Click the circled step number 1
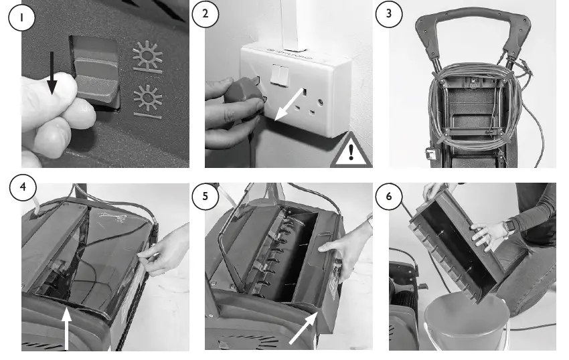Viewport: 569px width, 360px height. pyautogui.click(x=22, y=17)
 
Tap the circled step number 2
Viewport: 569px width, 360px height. pyautogui.click(x=206, y=14)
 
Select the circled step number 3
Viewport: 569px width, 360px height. pyautogui.click(x=389, y=14)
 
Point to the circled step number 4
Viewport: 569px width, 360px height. pyautogui.click(x=23, y=187)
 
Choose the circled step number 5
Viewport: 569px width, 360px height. pyautogui.click(x=206, y=196)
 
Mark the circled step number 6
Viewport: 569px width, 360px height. pyautogui.click(x=389, y=196)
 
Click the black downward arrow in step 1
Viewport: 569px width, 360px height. pyautogui.click(x=52, y=72)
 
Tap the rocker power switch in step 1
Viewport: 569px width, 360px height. pyautogui.click(x=96, y=72)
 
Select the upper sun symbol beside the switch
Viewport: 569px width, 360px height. pyautogui.click(x=147, y=57)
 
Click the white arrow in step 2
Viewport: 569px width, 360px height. pyautogui.click(x=289, y=104)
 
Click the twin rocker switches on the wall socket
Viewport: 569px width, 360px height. pyautogui.click(x=279, y=74)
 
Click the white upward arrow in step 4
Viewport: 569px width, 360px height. pyautogui.click(x=66, y=329)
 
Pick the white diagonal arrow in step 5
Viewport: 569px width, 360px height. pyautogui.click(x=303, y=329)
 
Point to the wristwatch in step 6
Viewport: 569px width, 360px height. pyautogui.click(x=510, y=226)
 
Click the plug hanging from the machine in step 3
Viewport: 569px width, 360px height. pyautogui.click(x=430, y=154)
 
